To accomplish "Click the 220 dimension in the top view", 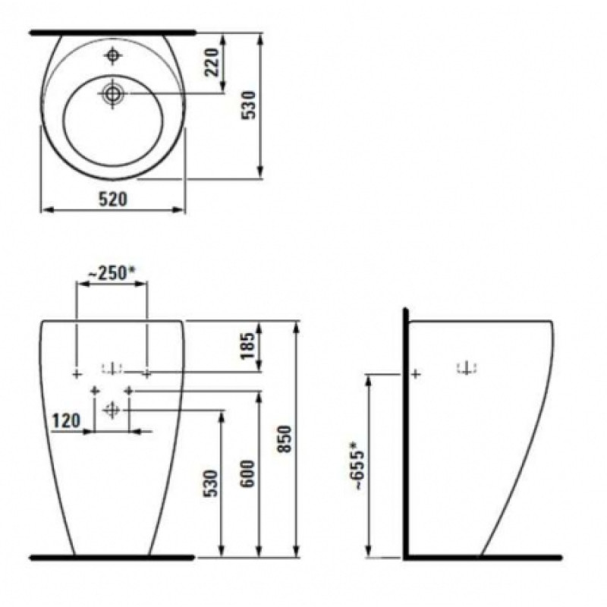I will click(212, 62).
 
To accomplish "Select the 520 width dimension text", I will click(112, 199).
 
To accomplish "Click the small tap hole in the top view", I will click(113, 55).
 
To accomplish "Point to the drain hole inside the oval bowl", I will click(113, 93).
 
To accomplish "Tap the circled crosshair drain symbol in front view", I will click(112, 410).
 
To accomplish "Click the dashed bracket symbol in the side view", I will click(467, 370).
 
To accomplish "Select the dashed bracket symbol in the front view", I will click(112, 370).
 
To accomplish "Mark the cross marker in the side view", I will click(415, 373).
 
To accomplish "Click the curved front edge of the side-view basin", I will click(524, 455).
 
